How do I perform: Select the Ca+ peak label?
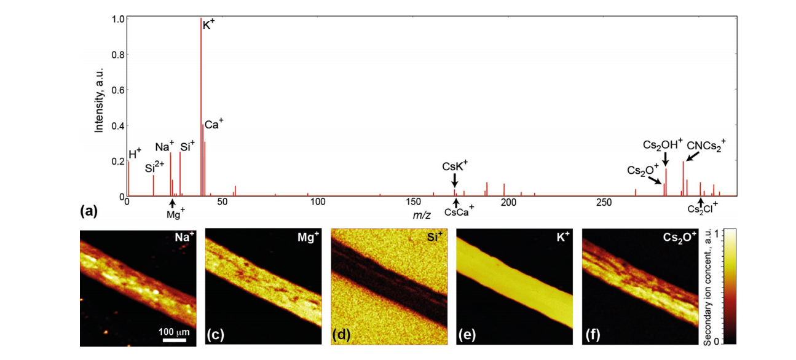tap(213, 125)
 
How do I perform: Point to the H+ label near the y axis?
tap(135, 154)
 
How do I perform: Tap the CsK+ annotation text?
tap(455, 166)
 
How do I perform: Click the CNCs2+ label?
tap(706, 146)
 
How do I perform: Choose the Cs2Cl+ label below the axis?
tap(702, 209)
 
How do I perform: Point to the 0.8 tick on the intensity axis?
tap(118, 55)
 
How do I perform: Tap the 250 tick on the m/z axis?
tap(603, 202)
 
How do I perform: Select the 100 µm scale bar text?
tap(175, 332)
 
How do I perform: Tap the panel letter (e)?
tap(467, 335)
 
